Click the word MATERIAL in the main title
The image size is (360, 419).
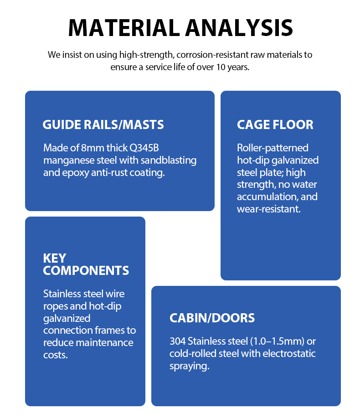point(124,28)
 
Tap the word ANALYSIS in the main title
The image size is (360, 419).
point(239,28)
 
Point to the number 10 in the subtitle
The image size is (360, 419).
point(221,67)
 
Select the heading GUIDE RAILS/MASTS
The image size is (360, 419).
point(103,125)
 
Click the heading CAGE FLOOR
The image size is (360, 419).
point(275,125)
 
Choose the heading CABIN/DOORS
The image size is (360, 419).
point(212,318)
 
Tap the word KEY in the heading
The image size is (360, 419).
point(55,258)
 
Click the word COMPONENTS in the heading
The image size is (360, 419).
point(86,270)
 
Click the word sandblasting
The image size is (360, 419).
point(169,160)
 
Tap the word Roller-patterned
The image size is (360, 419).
point(273,148)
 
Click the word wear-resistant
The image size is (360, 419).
point(269,209)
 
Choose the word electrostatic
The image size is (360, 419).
point(289,353)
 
